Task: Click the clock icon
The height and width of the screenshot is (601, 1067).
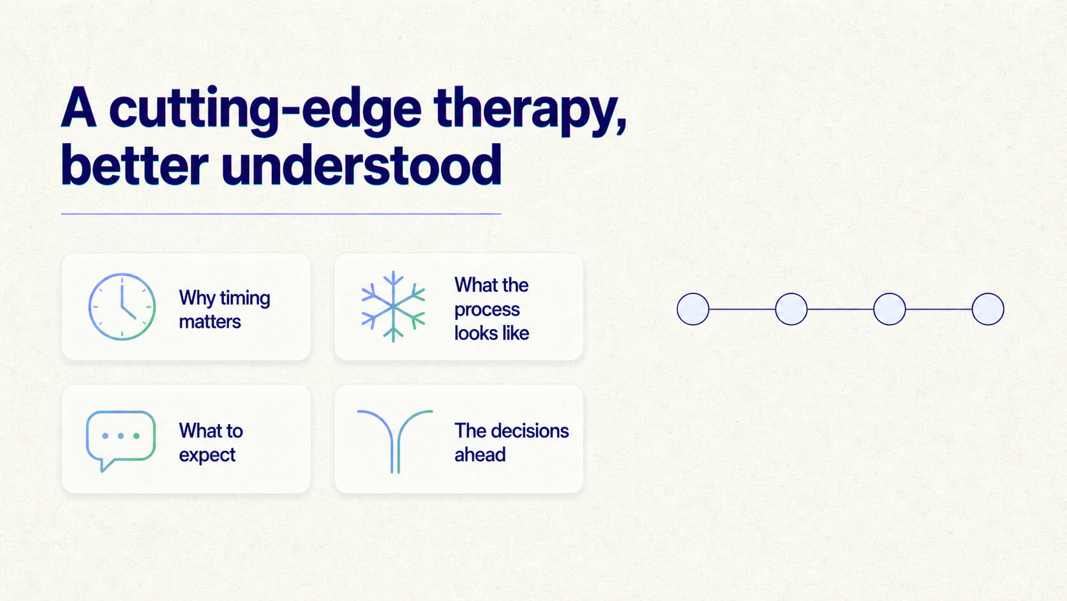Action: point(122,307)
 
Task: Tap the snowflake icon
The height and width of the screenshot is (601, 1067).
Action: point(393,307)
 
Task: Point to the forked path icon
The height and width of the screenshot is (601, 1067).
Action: point(395,441)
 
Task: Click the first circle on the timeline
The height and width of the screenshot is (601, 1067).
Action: point(693,309)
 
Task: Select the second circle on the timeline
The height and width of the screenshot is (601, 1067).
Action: point(791,309)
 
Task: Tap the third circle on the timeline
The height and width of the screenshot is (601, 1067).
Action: point(890,309)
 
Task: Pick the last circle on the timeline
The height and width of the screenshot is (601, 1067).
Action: point(988,309)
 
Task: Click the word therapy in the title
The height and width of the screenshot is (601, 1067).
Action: point(530,112)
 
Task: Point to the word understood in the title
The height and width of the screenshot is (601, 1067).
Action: point(362,165)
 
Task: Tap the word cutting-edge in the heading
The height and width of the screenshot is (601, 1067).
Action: point(266,112)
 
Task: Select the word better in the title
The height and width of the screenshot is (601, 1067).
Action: point(135,165)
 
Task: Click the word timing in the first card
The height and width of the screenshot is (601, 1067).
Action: point(245,299)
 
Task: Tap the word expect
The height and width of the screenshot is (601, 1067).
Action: point(207,455)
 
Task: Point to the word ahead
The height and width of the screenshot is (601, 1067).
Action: point(480,455)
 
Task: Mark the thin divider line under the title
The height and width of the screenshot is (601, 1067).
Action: point(281,214)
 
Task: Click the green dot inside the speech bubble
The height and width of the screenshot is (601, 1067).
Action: point(137,436)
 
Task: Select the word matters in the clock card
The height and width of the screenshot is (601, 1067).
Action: point(210,322)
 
